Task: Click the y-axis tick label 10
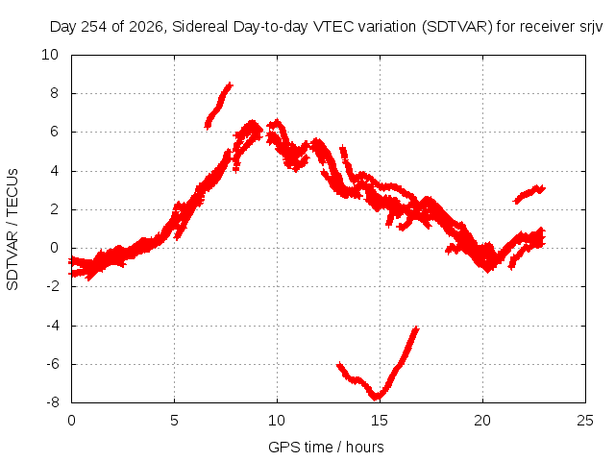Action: tap(50, 55)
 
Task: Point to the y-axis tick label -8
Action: tap(52, 402)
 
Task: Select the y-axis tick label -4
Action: tap(52, 325)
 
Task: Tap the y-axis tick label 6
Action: tap(54, 132)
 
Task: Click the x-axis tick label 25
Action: tap(585, 421)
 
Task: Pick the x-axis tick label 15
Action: tap(380, 421)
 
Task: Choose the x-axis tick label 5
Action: tap(174, 421)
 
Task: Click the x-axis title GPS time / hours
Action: tap(326, 447)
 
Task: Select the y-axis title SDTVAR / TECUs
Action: tap(12, 230)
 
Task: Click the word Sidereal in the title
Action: tap(200, 27)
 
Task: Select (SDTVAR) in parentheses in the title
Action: tap(457, 27)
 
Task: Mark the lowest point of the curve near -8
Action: tap(376, 398)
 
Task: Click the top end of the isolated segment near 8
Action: tap(230, 85)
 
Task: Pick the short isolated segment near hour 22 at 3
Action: tap(529, 194)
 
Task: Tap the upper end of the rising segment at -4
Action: tap(416, 328)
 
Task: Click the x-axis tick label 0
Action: tap(71, 421)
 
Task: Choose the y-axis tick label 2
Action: tap(54, 209)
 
